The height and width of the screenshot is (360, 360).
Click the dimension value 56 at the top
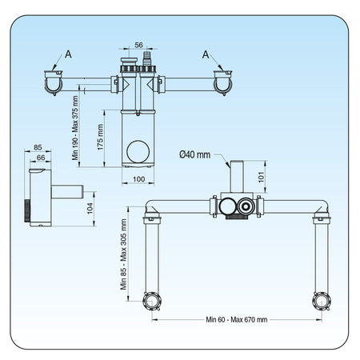click(138, 45)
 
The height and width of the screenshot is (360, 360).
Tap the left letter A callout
click(69, 54)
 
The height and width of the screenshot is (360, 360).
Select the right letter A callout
click(206, 54)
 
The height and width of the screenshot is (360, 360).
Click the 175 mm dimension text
click(100, 137)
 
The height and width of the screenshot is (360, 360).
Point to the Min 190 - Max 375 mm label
click(75, 128)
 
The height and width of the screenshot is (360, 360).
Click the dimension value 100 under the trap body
click(138, 179)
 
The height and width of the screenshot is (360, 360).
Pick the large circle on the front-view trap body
click(138, 151)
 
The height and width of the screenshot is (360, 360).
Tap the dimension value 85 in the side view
click(38, 147)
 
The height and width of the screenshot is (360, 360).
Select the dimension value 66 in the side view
click(41, 158)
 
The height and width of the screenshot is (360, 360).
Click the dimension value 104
click(90, 208)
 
